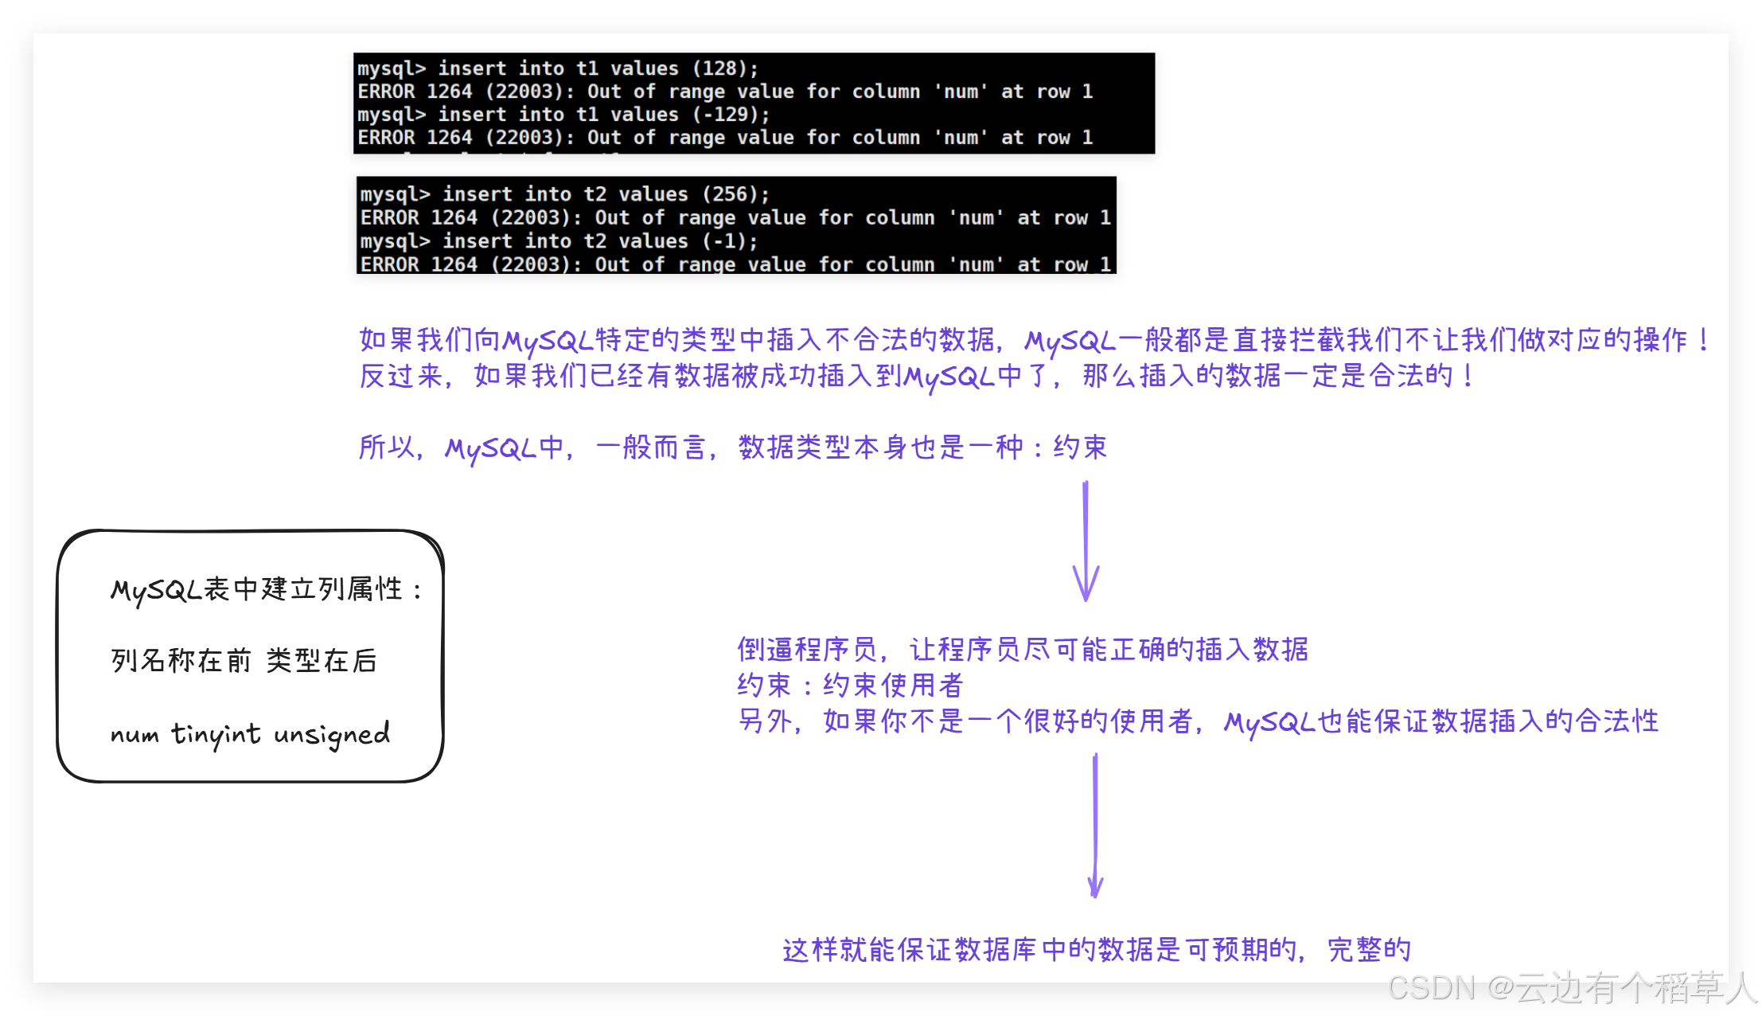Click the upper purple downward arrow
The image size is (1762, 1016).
pos(1086,541)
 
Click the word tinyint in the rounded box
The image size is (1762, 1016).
pos(216,734)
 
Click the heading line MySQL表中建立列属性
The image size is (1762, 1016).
pos(266,589)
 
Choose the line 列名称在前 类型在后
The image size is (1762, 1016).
pos(244,660)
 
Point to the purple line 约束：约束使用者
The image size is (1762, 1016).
pos(850,685)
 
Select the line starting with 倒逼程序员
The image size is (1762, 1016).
pos(1023,650)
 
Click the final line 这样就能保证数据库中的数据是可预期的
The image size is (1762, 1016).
pos(1097,949)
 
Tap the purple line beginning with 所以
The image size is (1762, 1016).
pos(732,447)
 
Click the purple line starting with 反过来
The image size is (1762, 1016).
pos(915,376)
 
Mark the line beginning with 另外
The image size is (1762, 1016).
pos(1198,721)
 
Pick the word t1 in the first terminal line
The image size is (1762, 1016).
pos(587,68)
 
